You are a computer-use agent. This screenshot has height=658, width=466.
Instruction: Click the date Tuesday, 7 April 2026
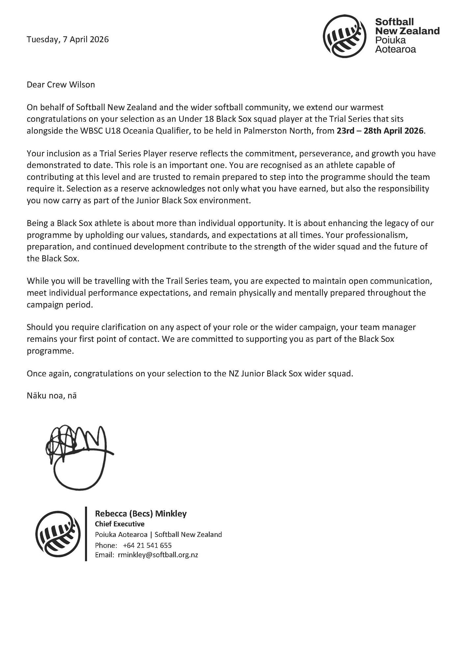click(x=68, y=39)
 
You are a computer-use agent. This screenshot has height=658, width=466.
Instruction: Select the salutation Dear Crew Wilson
click(x=61, y=85)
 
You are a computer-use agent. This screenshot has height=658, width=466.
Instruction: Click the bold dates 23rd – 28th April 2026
click(x=380, y=131)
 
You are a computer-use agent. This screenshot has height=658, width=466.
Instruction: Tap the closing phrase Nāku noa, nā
click(x=51, y=395)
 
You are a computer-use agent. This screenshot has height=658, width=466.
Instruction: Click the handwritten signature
click(x=79, y=456)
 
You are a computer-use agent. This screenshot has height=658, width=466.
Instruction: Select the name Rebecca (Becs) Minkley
click(x=141, y=514)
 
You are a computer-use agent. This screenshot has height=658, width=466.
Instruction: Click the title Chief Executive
click(x=120, y=524)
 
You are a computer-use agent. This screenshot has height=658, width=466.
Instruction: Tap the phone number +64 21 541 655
click(x=147, y=545)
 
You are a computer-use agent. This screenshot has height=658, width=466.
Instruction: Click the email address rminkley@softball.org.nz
click(x=158, y=555)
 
